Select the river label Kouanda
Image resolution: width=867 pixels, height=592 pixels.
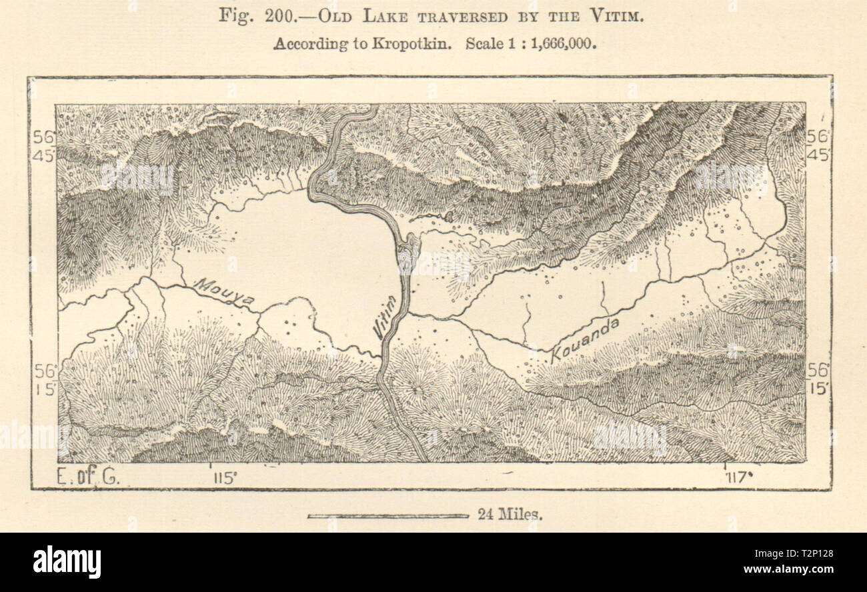[585, 340]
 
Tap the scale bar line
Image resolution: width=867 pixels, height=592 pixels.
[387, 515]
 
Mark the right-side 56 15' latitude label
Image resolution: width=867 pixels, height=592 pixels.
[818, 377]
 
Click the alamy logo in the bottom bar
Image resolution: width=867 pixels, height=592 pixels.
[67, 561]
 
